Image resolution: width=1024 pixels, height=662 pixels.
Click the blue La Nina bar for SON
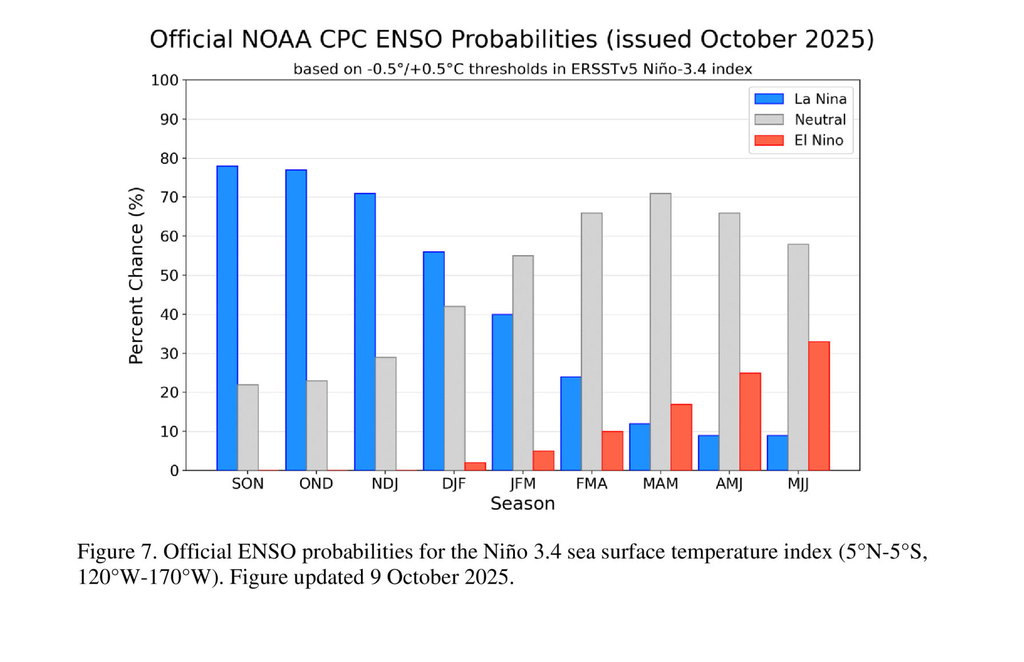coord(227,318)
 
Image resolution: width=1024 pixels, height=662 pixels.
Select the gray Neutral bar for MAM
coord(660,332)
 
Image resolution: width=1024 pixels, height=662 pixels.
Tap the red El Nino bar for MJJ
coord(819,406)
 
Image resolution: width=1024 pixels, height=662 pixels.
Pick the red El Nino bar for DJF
coord(475,466)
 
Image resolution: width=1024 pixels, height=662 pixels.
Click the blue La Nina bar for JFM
coord(502,393)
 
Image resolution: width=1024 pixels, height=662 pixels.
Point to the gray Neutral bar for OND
coord(317,426)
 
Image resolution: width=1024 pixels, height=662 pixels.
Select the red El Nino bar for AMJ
coord(750,422)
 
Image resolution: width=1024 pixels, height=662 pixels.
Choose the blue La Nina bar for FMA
coord(571,423)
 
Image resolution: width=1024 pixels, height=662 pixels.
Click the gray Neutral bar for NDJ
coord(386,414)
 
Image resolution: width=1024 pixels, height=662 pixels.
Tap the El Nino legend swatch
coord(768,140)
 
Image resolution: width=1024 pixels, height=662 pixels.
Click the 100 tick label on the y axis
coord(165,80)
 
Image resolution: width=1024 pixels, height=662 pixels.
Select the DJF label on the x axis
coord(454,484)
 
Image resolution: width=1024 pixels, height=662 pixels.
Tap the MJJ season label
coord(798,484)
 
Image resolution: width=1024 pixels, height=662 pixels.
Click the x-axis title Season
coord(522,504)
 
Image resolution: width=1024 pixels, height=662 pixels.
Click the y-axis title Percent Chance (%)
coord(136,275)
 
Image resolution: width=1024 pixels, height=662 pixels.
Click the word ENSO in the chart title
coord(408,39)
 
